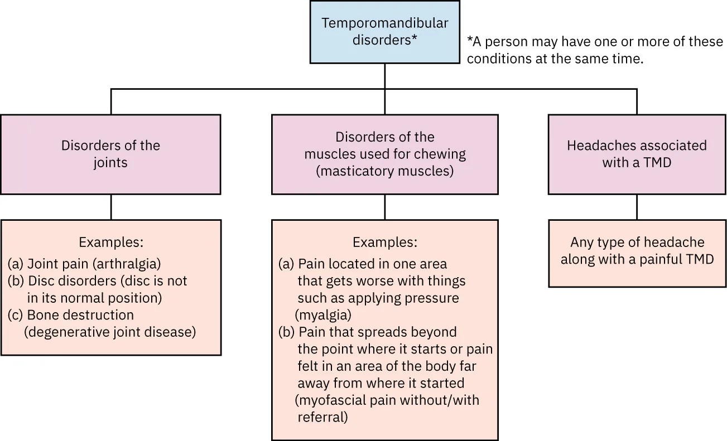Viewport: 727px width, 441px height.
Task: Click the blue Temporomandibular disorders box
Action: tap(384, 32)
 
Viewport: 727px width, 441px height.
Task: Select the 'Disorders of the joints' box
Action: tap(110, 154)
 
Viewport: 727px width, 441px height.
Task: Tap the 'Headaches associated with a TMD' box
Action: tap(637, 154)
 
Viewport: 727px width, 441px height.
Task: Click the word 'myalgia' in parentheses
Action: tap(324, 315)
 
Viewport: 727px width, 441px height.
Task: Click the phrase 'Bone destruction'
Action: tap(80, 314)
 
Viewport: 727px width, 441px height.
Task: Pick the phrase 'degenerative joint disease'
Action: tap(110, 332)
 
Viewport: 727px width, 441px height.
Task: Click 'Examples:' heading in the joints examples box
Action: tap(111, 243)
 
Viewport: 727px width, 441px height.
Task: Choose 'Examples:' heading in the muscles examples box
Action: tap(384, 243)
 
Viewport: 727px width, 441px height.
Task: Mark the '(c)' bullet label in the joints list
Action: tap(15, 314)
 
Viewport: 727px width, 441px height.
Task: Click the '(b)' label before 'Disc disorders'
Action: tap(15, 280)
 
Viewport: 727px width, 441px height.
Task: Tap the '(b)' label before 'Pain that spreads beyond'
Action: tap(287, 332)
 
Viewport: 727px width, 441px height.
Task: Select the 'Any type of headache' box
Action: tap(637, 253)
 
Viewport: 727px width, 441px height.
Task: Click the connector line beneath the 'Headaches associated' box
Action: tap(637, 207)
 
